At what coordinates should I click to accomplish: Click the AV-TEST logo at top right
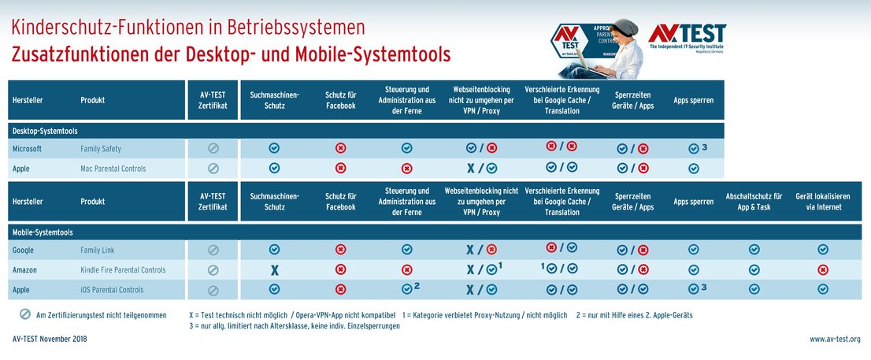686,37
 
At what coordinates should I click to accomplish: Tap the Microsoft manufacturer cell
27,148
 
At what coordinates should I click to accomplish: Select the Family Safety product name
100,148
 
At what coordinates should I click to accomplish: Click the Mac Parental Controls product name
113,168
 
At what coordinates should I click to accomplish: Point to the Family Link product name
98,250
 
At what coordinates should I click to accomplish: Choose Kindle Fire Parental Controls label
123,270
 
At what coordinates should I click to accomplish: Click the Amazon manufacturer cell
25,270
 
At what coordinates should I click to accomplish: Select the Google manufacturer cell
23,250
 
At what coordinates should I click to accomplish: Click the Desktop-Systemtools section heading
43,130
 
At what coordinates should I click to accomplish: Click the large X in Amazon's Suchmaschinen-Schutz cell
274,270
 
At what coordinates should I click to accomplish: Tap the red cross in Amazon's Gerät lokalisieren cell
823,269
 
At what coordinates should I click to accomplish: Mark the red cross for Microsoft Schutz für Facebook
340,148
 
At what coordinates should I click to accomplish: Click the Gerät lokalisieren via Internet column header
823,202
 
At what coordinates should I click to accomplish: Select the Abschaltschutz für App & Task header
754,202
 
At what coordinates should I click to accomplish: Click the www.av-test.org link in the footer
835,340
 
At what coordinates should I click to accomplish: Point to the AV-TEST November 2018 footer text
50,340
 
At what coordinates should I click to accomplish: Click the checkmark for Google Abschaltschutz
754,250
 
